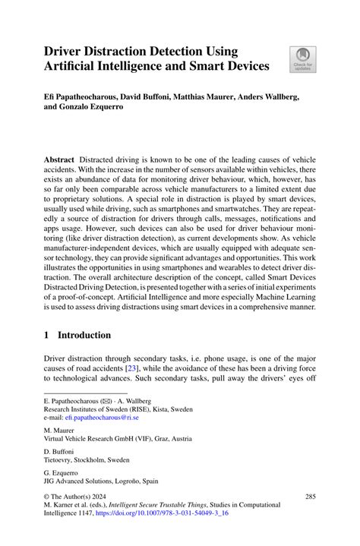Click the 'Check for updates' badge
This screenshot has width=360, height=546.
coord(302,59)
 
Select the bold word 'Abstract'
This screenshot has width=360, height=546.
coord(59,161)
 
